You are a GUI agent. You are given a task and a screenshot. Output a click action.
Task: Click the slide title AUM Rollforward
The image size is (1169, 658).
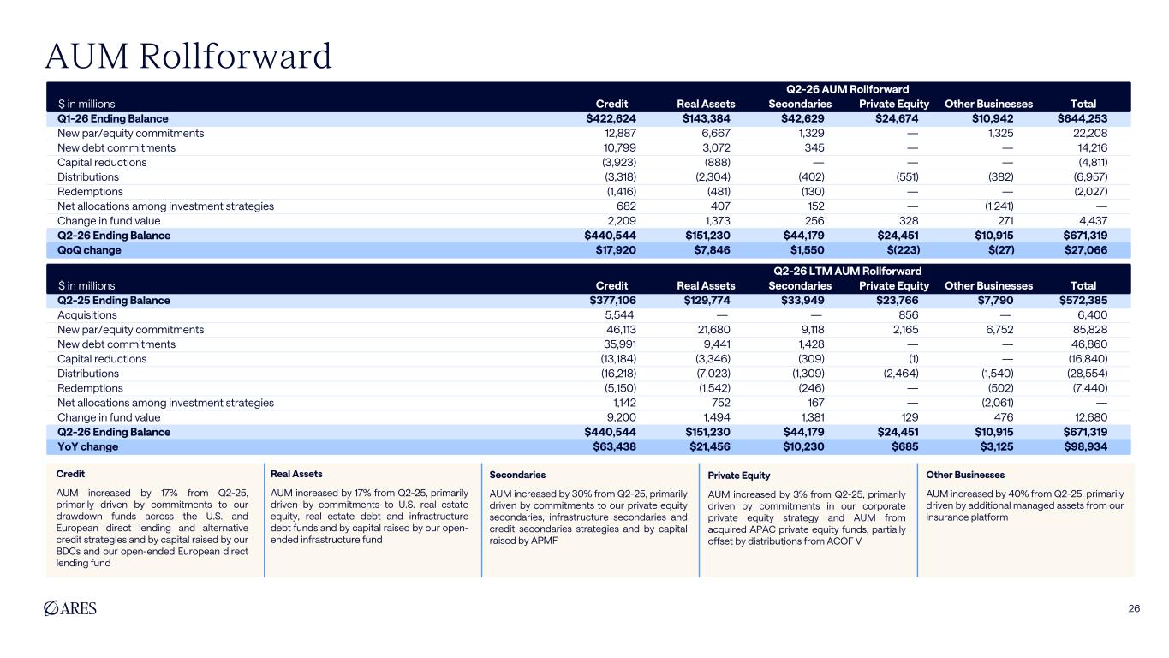188,56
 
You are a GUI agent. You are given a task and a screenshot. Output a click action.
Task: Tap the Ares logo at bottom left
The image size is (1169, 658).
70,608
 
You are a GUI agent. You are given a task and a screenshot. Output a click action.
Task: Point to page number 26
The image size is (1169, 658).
1134,609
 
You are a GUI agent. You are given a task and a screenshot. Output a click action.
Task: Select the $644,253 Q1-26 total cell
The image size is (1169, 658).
1082,118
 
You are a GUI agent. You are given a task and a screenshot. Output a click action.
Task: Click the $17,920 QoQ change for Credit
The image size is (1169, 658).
616,250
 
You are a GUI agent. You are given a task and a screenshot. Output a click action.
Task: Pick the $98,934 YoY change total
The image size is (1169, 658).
1086,446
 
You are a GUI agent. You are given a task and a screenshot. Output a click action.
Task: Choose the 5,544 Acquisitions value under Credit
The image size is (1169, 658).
619,315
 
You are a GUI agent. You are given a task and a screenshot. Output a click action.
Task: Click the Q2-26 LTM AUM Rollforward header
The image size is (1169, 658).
848,271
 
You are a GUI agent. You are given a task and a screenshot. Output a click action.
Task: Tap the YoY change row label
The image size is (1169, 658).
87,446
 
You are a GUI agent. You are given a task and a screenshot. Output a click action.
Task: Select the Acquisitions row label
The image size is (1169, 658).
87,315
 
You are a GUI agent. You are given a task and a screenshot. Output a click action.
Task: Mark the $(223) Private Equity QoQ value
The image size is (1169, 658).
904,250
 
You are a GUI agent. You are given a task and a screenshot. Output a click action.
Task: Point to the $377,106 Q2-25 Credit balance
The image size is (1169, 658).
612,300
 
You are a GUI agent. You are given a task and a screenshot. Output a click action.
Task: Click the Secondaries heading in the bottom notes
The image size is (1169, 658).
517,475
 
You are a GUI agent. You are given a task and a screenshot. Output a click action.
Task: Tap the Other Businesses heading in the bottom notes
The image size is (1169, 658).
965,475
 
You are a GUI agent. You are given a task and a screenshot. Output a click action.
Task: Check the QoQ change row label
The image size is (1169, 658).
89,250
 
